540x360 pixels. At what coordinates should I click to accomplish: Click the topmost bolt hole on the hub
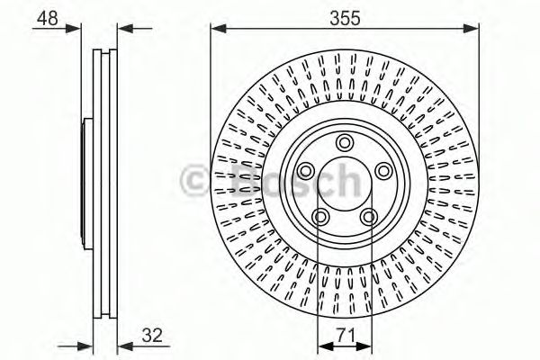[x=344, y=141]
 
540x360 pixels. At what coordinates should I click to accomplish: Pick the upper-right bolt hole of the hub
[x=383, y=170]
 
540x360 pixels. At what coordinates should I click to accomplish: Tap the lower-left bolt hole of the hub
[x=319, y=216]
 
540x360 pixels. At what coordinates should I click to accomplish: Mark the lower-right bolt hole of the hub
[x=368, y=216]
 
